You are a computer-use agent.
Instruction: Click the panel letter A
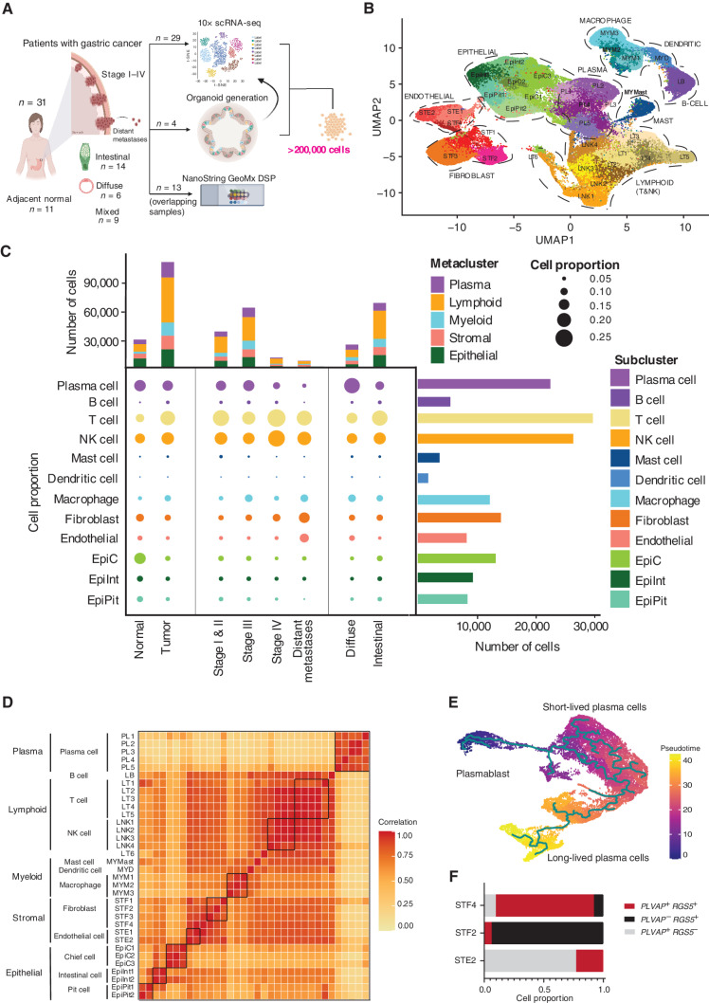[x=8, y=9]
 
